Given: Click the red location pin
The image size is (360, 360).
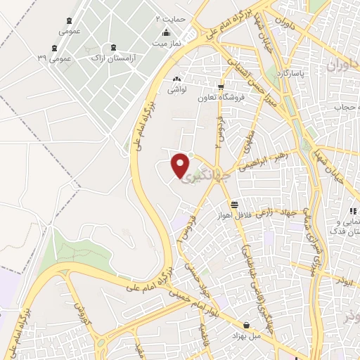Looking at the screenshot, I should [181, 163].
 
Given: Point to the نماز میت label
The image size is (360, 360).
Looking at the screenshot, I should [164, 43].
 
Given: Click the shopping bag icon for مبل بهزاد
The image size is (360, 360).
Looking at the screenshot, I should [246, 325].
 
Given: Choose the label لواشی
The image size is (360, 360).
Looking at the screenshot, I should [176, 90].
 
